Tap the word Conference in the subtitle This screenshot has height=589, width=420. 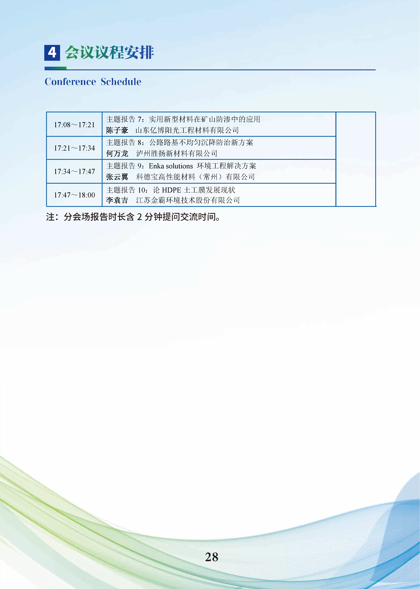(70, 82)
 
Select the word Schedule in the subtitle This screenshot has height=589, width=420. (121, 82)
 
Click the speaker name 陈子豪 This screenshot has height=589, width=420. (117, 130)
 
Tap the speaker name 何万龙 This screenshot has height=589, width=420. (117, 154)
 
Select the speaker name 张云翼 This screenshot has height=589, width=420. (117, 177)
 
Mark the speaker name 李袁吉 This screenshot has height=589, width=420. (117, 200)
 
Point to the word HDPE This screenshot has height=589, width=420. (171, 190)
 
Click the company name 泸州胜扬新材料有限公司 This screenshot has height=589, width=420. (177, 154)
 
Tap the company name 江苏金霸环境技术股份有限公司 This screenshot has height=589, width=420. (188, 200)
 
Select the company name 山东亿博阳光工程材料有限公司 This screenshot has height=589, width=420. (187, 130)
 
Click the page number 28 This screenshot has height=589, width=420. (211, 557)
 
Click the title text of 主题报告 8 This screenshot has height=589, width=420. (201, 143)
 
